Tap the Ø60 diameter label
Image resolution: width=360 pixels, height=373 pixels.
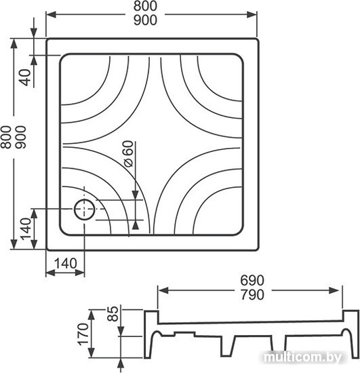point(129,154)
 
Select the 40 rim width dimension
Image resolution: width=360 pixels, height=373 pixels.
point(26,77)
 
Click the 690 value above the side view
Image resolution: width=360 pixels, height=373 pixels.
point(252,281)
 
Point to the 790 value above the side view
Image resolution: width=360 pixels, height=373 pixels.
point(252,295)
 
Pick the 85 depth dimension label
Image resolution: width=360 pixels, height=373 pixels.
point(113,314)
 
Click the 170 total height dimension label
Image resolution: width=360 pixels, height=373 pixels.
point(83,334)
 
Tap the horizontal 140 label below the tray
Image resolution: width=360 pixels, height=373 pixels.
point(65,264)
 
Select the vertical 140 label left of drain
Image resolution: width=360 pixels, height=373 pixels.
point(26,229)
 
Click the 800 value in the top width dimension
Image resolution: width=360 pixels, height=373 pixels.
point(145,6)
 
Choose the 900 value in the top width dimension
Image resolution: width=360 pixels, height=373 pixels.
point(145,20)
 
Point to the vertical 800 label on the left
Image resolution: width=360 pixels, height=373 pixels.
point(6,137)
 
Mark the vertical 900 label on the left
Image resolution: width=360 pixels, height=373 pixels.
point(20,137)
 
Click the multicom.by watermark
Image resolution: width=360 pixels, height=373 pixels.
point(302,357)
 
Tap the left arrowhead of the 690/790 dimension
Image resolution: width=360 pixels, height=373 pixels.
point(163,290)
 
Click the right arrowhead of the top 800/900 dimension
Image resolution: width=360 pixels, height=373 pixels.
point(252,14)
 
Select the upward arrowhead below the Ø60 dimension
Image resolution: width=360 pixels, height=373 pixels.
point(136,224)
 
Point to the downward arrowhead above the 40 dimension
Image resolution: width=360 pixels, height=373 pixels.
point(34,33)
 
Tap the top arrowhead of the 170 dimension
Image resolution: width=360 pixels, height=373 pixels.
point(92,315)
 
